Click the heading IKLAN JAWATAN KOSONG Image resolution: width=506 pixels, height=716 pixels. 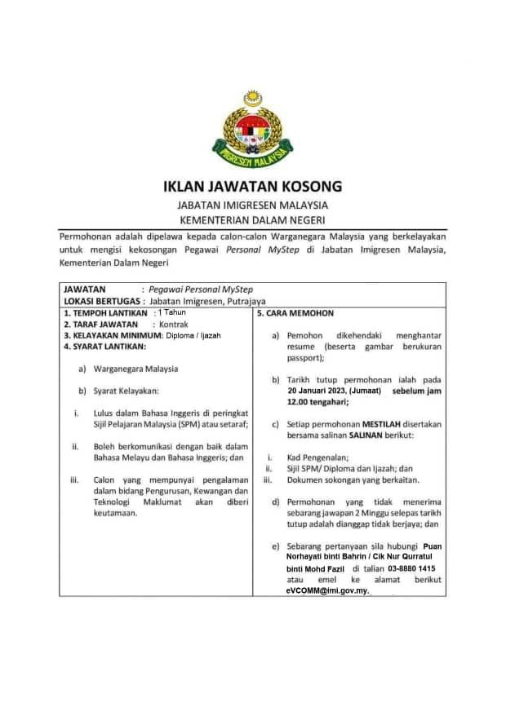[x=253, y=186]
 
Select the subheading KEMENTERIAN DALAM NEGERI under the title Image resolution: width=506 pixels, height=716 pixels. [x=253, y=220]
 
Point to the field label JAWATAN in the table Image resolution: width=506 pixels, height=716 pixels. [x=84, y=289]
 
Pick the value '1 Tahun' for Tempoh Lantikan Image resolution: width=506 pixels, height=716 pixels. [x=172, y=312]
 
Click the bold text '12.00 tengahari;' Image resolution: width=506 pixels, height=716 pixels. [x=317, y=402]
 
